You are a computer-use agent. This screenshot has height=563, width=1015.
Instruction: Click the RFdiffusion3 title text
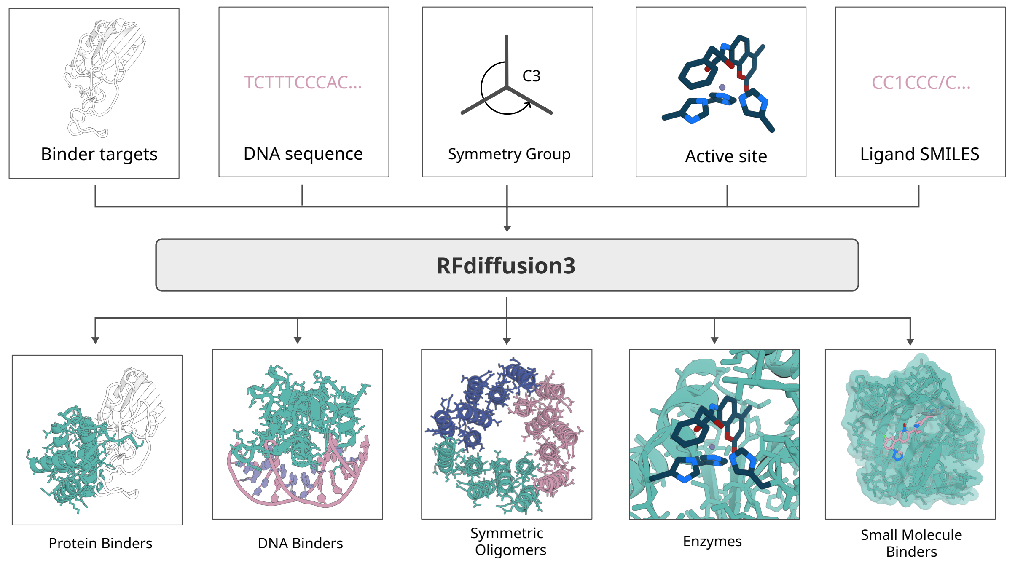506,266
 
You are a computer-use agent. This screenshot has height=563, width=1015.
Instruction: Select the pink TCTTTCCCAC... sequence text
303,83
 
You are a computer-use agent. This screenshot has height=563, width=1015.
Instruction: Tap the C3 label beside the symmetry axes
531,76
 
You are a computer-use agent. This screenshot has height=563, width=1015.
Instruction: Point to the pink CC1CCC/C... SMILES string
921,83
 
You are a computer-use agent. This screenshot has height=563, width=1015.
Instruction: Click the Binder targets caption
99,154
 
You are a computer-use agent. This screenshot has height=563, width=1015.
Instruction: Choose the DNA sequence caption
303,154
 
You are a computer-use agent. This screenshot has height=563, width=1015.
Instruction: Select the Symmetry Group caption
509,154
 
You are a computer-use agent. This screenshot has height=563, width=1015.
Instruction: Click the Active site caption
726,156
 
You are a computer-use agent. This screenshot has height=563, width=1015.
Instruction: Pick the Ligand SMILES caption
920,154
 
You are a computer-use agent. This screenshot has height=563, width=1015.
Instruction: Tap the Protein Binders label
100,543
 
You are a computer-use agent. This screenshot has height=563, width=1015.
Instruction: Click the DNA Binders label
300,543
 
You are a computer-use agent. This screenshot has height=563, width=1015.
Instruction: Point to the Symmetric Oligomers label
508,542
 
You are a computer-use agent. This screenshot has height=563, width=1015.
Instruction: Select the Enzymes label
712,541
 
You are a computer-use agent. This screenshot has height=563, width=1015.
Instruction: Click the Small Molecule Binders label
911,543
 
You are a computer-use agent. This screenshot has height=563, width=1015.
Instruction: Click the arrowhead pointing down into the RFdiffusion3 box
507,228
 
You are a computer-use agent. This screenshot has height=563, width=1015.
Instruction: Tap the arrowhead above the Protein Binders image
95,340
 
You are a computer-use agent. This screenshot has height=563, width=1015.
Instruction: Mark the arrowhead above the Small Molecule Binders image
910,342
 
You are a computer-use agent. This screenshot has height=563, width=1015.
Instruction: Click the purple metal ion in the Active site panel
722,87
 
